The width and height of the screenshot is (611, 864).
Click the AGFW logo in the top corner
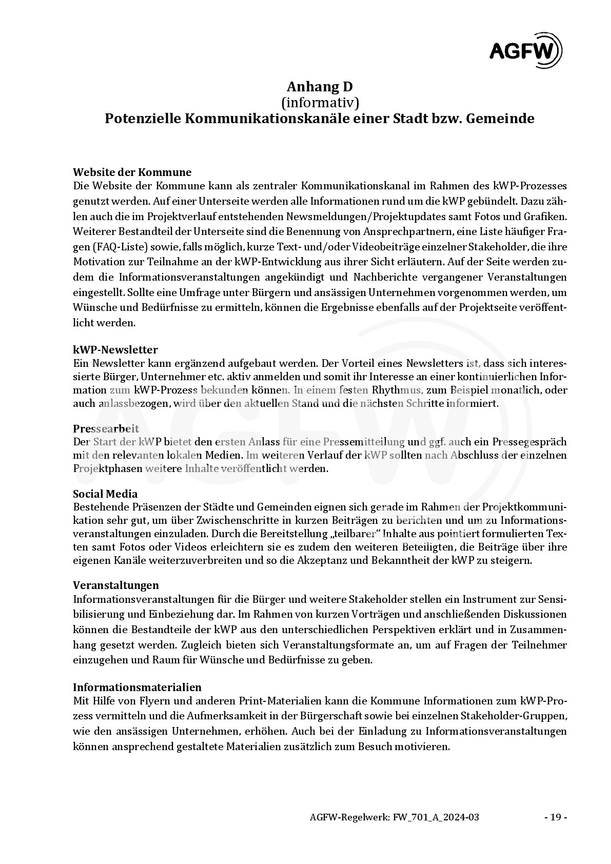525,50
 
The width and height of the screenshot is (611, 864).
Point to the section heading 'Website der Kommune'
132,172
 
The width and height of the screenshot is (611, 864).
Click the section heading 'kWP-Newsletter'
115,350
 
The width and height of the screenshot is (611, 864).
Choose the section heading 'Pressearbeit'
106,428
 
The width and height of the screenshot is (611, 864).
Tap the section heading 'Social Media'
105,494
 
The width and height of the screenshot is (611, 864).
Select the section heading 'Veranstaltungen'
116,585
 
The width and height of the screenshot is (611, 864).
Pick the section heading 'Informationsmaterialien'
137,687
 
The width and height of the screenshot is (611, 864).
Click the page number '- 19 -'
555,817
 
